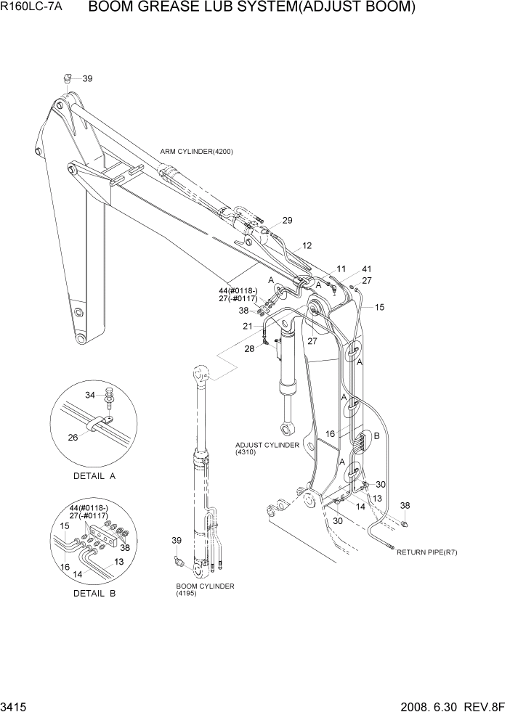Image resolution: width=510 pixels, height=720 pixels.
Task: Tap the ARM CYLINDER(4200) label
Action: [196, 151]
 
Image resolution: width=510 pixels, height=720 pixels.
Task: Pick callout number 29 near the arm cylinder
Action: [287, 221]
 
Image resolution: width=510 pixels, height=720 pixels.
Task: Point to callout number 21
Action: [248, 327]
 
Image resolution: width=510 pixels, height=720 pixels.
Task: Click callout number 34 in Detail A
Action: [90, 395]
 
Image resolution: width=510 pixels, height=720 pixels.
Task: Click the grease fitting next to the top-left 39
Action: [66, 78]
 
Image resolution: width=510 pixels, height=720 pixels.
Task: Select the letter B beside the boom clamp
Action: [376, 435]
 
